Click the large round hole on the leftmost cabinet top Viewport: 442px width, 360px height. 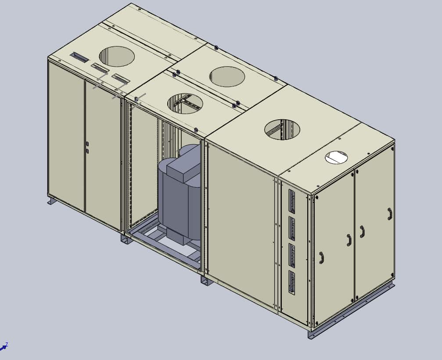pyautogui.click(x=117, y=56)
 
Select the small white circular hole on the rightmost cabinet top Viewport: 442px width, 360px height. pyautogui.click(x=336, y=157)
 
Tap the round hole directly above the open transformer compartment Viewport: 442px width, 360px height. pyautogui.click(x=185, y=103)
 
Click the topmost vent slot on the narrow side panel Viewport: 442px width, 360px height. pyautogui.click(x=292, y=201)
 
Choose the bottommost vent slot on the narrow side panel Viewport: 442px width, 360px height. pyautogui.click(x=292, y=282)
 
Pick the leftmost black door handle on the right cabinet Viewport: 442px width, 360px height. pyautogui.click(x=321, y=257)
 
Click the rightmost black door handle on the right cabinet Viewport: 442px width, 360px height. pyautogui.click(x=389, y=214)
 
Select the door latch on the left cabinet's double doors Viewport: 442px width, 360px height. pyautogui.click(x=87, y=147)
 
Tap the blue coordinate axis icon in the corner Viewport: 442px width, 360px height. pyautogui.click(x=4, y=347)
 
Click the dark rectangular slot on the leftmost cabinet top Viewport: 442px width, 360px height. pyautogui.click(x=79, y=57)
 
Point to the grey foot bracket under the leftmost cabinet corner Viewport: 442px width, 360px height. pyautogui.click(x=52, y=200)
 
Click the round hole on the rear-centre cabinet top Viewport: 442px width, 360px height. pyautogui.click(x=227, y=76)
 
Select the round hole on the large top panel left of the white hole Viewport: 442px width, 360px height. pyautogui.click(x=282, y=129)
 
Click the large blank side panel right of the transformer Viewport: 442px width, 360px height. pyautogui.click(x=241, y=224)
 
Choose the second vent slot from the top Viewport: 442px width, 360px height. pyautogui.click(x=292, y=228)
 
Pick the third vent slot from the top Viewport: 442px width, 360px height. pyautogui.click(x=292, y=256)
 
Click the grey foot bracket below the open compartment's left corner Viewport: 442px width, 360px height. pyautogui.click(x=126, y=239)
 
